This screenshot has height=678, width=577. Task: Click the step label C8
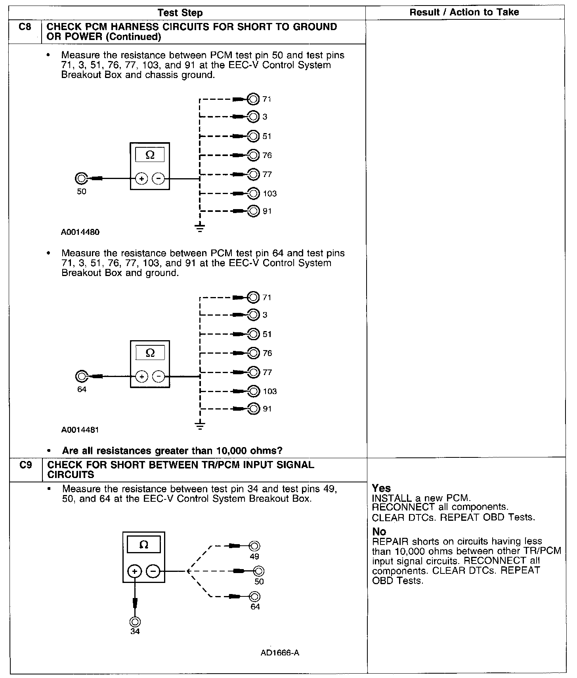25,27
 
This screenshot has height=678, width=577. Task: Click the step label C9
25,465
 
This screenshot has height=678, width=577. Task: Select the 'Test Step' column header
180,13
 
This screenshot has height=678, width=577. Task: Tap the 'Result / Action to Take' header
464,12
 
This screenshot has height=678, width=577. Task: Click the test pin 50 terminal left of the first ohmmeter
81,179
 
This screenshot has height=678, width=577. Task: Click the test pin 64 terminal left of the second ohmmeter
81,376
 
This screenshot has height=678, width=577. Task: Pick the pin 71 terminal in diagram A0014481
253,297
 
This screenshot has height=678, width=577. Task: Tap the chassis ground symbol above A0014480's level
200,227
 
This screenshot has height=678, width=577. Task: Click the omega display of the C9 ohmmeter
144,545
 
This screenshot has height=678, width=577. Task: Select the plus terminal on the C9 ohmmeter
135,571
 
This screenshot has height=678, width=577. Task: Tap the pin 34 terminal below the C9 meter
135,622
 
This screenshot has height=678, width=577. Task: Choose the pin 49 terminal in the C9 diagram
254,546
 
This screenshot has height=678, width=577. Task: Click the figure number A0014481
80,430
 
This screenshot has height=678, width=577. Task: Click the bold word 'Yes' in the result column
381,488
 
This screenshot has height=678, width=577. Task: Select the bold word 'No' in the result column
379,531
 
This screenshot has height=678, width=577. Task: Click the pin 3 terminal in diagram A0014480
253,116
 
